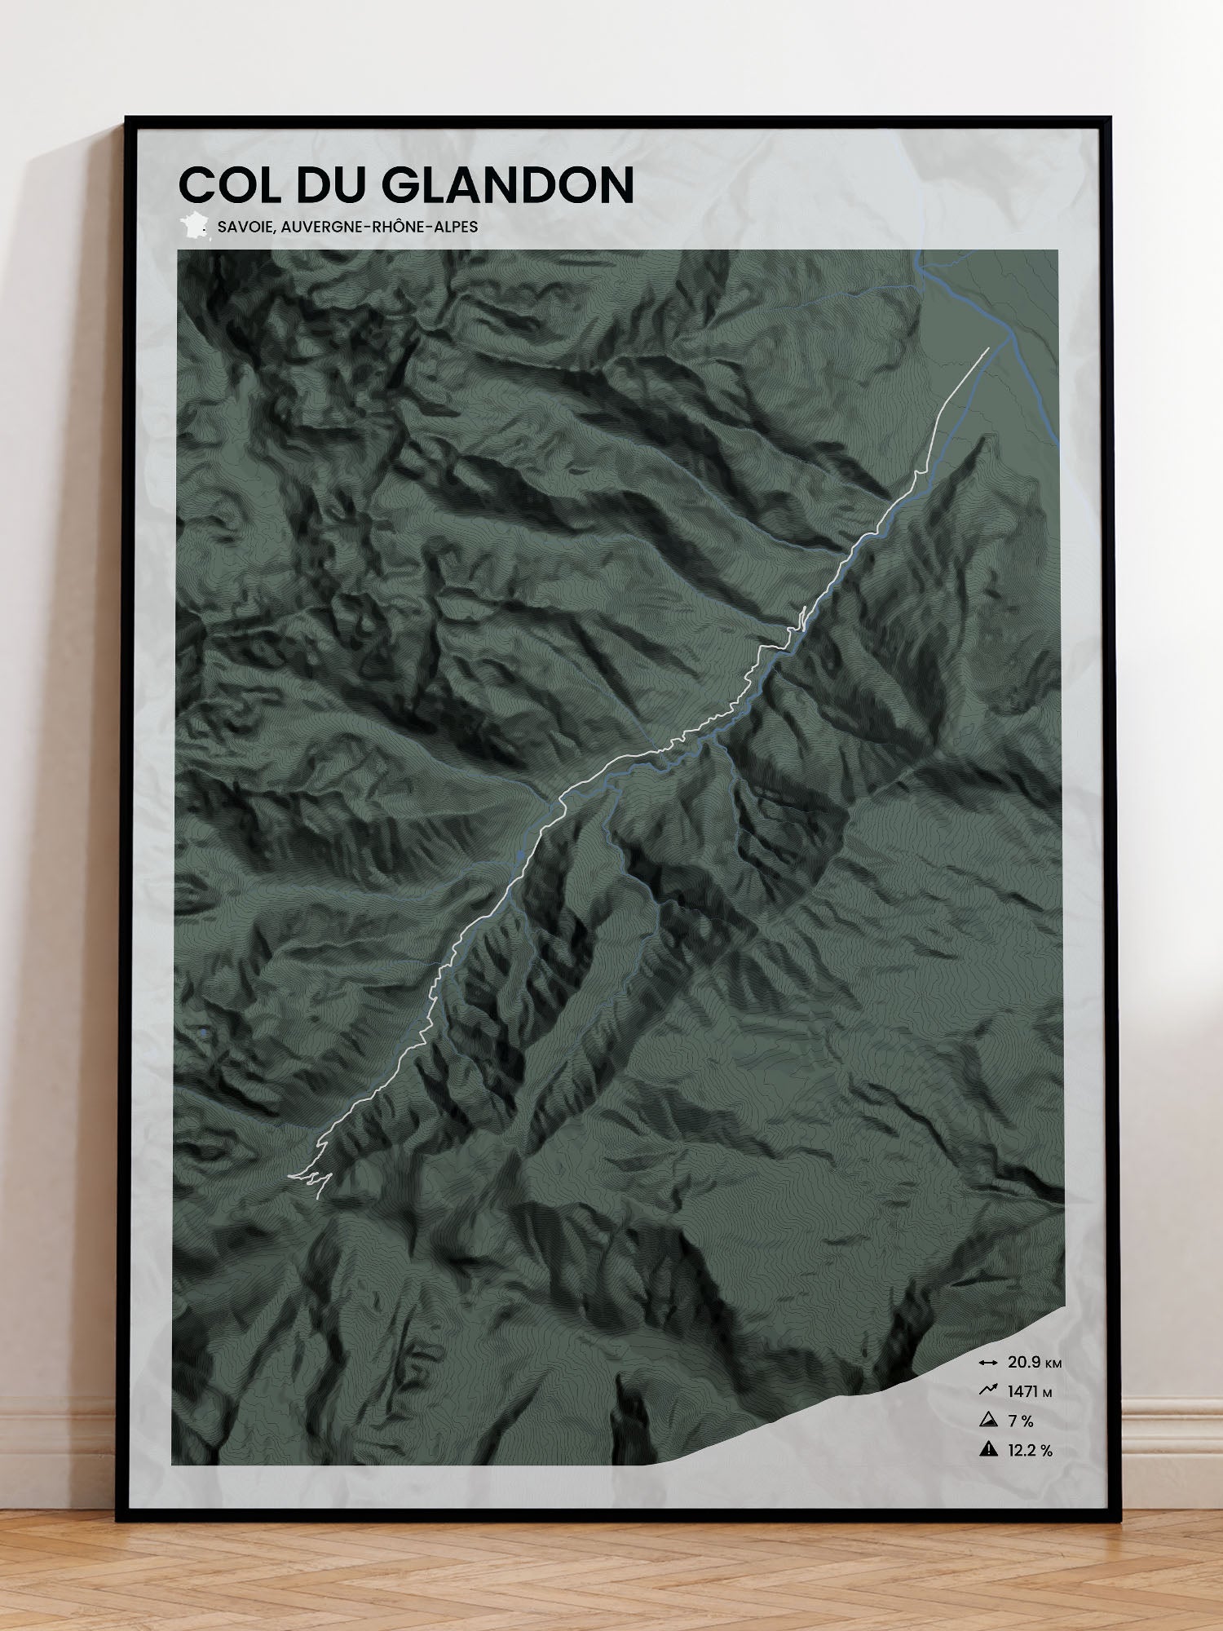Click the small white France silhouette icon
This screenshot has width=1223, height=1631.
pos(194,226)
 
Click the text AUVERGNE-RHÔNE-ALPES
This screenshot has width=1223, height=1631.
pos(379,227)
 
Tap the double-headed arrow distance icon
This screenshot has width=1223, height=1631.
pos(988,1363)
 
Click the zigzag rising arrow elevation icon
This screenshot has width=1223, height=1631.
pos(988,1390)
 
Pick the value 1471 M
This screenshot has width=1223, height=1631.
pos(1029,1392)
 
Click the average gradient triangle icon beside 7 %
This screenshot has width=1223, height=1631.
pos(988,1420)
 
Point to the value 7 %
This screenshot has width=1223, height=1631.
pos(1020,1421)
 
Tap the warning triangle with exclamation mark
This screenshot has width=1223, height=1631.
pos(988,1449)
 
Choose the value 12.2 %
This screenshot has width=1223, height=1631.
pos(1030,1451)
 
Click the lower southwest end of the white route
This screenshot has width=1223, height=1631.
pos(290,1176)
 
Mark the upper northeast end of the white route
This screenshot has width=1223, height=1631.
pos(988,348)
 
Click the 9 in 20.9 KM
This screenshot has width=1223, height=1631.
pos(1035,1362)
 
